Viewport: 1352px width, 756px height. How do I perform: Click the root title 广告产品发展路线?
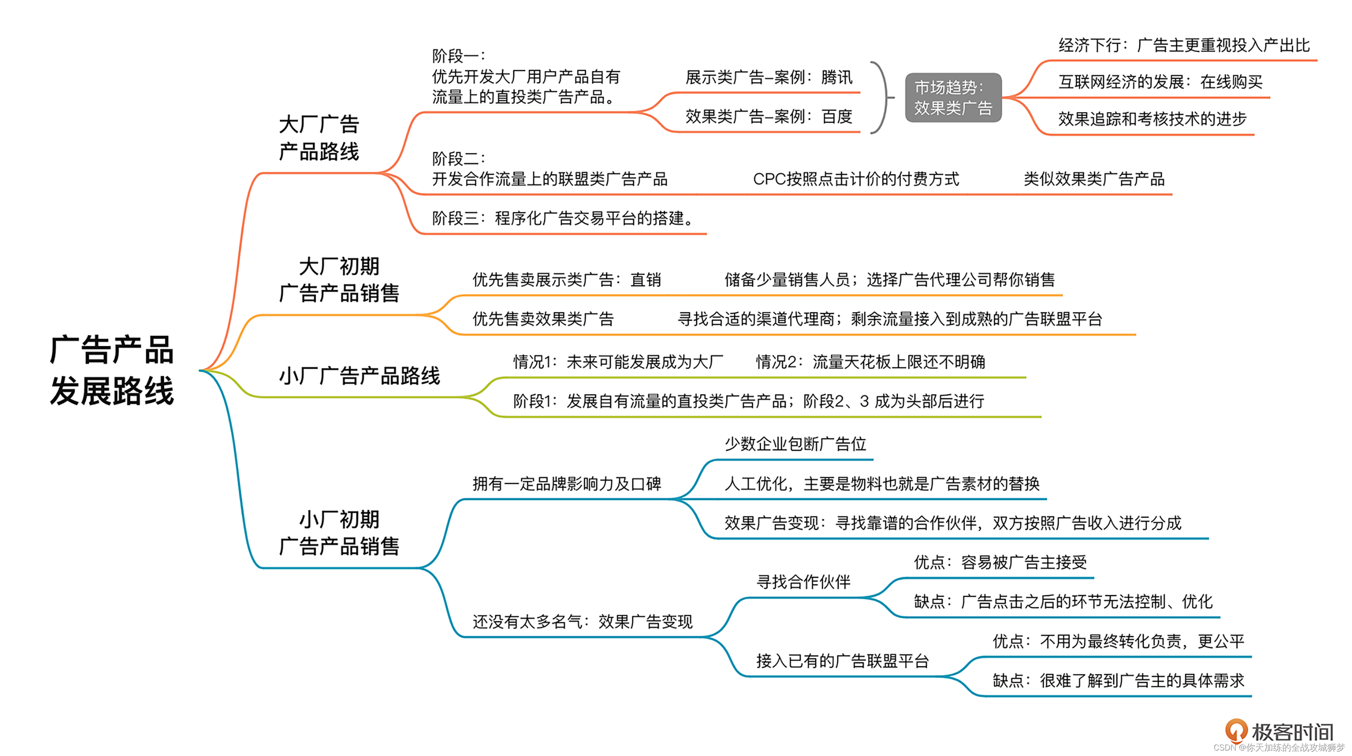point(111,370)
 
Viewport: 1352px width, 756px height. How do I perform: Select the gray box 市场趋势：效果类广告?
point(953,98)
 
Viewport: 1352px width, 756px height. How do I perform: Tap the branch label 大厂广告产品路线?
point(319,138)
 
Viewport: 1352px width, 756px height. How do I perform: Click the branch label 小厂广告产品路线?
point(359,376)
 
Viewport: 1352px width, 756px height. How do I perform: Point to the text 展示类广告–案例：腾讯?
point(768,77)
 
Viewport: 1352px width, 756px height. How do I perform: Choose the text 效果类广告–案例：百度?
point(768,117)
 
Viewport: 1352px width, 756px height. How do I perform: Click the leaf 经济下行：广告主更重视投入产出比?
point(1183,46)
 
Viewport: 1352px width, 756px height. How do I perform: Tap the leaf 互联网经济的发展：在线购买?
point(1160,82)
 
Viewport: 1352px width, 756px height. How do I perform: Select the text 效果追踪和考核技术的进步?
point(1152,119)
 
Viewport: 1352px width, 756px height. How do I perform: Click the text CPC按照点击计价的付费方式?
point(855,179)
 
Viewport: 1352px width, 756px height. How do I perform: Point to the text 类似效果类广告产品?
point(1094,179)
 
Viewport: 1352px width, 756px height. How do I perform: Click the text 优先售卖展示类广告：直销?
point(566,280)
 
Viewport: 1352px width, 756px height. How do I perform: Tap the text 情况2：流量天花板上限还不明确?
point(870,362)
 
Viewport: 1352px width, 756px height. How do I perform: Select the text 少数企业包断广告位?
point(795,444)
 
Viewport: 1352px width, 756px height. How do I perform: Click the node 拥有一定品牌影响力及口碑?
point(566,484)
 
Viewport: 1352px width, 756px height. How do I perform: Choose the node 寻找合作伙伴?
point(803,582)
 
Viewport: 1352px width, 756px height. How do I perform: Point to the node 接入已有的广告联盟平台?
point(842,661)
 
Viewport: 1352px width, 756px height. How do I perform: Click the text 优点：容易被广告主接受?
point(1000,562)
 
